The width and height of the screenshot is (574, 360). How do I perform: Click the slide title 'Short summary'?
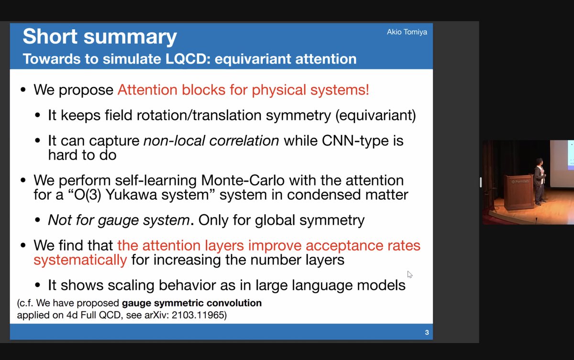pyautogui.click(x=99, y=37)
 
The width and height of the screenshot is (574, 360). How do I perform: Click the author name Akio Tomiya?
pyautogui.click(x=407, y=32)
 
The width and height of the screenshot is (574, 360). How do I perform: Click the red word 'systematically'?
pyautogui.click(x=80, y=260)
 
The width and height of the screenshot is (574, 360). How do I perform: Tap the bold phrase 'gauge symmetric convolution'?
pyautogui.click(x=192, y=303)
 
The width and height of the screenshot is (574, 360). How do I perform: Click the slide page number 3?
pyautogui.click(x=427, y=332)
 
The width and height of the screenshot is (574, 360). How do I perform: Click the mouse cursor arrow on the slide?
pyautogui.click(x=409, y=274)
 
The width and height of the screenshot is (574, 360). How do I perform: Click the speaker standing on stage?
pyautogui.click(x=539, y=181)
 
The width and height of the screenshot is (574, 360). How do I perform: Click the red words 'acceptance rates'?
pyautogui.click(x=363, y=246)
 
